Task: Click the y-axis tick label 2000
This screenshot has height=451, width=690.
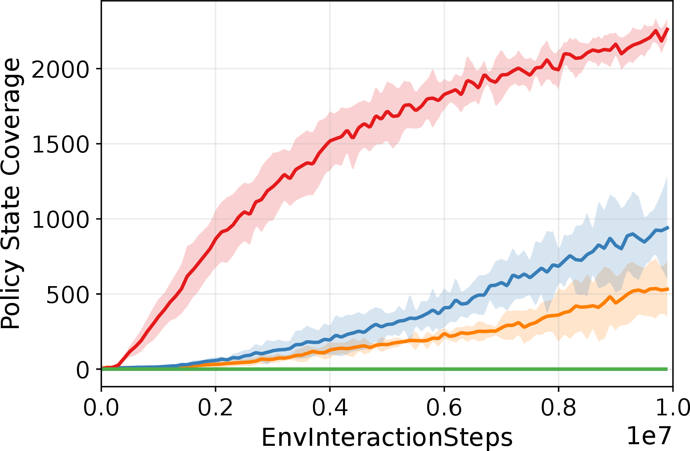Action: coord(60,69)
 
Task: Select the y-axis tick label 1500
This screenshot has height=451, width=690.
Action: coord(60,144)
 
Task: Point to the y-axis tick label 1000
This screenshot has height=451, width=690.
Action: coord(60,219)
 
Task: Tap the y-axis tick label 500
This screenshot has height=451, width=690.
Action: coord(67,295)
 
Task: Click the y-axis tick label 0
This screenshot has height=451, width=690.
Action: coord(83,370)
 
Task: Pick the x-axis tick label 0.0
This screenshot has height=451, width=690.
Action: coord(101,408)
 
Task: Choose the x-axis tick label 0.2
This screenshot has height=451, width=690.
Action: coord(216,408)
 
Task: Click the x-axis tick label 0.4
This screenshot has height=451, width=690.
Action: coord(330,408)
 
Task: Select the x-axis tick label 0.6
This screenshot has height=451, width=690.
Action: coord(444,408)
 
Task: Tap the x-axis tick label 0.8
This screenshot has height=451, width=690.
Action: coord(558,408)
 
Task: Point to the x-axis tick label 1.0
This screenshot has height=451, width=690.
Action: coord(672,408)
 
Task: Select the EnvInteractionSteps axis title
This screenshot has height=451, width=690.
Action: coord(387,437)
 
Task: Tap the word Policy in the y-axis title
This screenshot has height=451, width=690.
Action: coord(11,294)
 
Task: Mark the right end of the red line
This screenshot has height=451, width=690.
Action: coord(668,29)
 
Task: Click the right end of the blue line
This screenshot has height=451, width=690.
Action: coord(668,228)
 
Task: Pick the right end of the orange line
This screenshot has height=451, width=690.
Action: coord(668,289)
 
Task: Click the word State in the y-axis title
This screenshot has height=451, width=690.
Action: coord(11,218)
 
